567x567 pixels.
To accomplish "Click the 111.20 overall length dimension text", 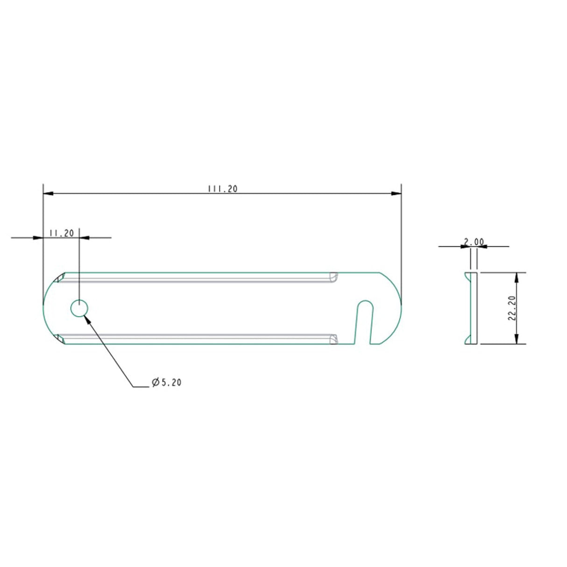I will coord(222,189).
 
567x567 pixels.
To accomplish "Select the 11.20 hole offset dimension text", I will coord(61,233).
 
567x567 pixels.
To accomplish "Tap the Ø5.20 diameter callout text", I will coord(166,383).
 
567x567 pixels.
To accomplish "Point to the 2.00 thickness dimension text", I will coord(474,242).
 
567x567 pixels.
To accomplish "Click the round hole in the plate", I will coord(79,308).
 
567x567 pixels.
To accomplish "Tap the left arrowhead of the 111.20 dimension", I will coord(47,193).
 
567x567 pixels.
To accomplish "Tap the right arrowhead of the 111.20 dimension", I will coord(397,193).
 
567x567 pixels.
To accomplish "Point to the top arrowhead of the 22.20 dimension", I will coord(516,276).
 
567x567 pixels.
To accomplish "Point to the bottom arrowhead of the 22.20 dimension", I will coord(516,340).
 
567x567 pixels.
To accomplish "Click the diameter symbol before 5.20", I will coord(155,383).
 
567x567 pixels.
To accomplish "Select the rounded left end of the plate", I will coord(47,308).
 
